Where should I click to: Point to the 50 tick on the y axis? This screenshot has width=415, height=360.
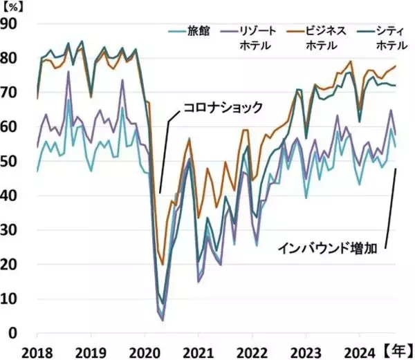pos(12,162)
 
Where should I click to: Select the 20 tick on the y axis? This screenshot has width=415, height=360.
pos(12,265)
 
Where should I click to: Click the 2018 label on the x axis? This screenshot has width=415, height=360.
pos(37,349)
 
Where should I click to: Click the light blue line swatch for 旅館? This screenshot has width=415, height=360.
pos(177,31)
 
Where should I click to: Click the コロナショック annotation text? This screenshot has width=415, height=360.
pos(223,107)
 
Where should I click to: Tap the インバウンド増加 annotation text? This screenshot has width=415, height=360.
pos(327,247)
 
